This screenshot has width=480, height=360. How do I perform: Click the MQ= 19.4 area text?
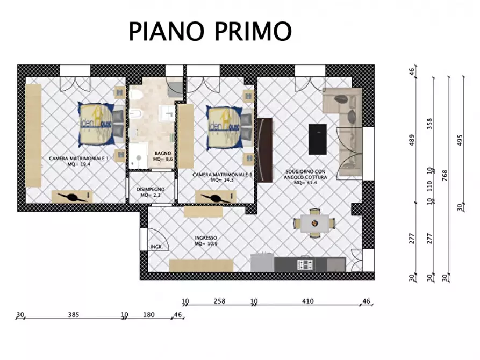click(79, 164)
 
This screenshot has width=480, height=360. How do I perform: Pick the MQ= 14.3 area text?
click(222, 181)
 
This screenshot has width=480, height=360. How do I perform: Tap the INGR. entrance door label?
click(156, 247)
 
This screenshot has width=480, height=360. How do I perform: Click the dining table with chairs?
click(314, 222)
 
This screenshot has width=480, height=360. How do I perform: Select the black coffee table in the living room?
click(317, 138)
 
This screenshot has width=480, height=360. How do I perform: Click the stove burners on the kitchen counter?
click(305, 264)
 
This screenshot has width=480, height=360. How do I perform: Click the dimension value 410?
click(307, 301)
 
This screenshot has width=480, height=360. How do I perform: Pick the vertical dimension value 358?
click(429, 124)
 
